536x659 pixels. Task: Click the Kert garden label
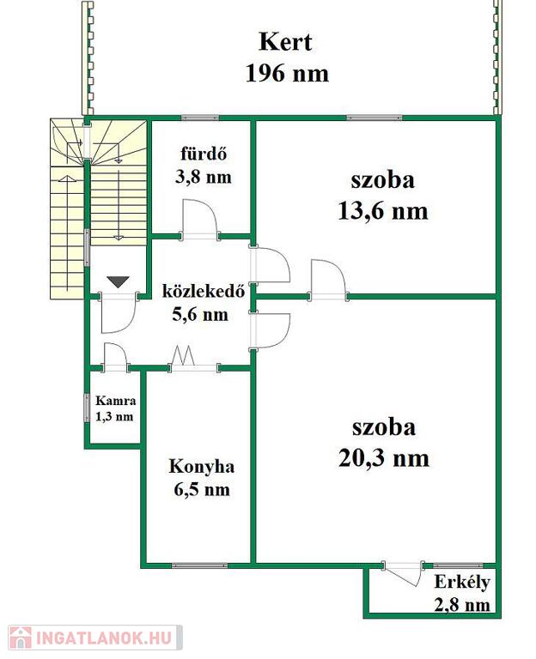pyautogui.click(x=286, y=42)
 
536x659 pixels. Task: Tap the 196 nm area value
pyautogui.click(x=287, y=73)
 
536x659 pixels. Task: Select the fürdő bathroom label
pyautogui.click(x=204, y=154)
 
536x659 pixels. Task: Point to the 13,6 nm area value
pyautogui.click(x=383, y=211)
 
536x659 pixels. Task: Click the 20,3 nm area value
pyautogui.click(x=384, y=458)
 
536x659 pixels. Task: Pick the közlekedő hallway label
pyautogui.click(x=204, y=291)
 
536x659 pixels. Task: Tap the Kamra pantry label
pyautogui.click(x=116, y=401)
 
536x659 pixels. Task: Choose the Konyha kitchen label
pyautogui.click(x=202, y=467)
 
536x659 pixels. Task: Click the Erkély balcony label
pyautogui.click(x=462, y=583)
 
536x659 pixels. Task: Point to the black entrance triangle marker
pyautogui.click(x=118, y=281)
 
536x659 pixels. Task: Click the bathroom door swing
pyautogui.click(x=200, y=219)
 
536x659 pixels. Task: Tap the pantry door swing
pyautogui.click(x=116, y=356)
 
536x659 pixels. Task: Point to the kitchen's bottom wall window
pyautogui.click(x=200, y=565)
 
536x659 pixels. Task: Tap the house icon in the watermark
pyautogui.click(x=21, y=638)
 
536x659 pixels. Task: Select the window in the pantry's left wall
pyautogui.click(x=87, y=408)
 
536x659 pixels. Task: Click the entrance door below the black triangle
pyautogui.click(x=118, y=313)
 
